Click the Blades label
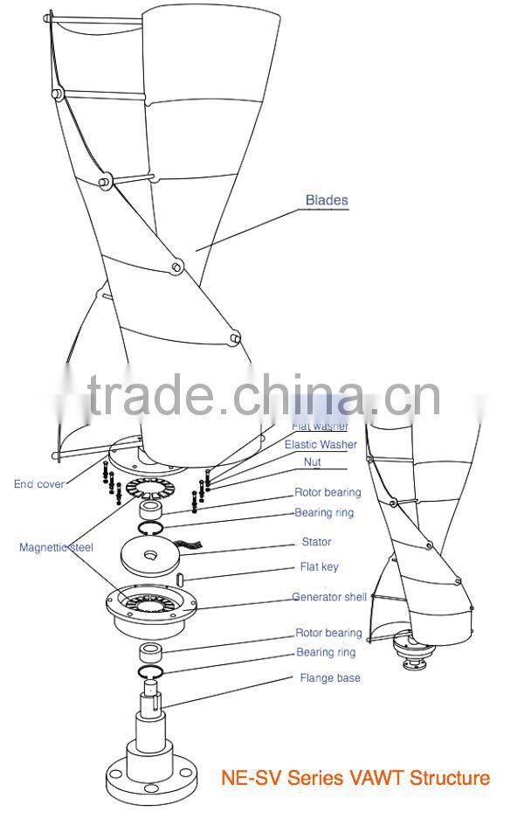tap(327, 200)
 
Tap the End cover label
tap(38, 484)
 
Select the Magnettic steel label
tap(56, 547)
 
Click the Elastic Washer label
tap(321, 445)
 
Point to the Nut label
tap(312, 462)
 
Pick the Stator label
tap(316, 542)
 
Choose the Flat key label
tap(319, 567)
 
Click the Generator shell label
tap(329, 598)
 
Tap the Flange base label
tap(330, 677)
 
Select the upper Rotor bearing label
tap(327, 492)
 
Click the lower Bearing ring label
tap(325, 652)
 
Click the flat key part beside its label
tap(179, 578)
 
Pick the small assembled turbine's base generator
tap(414, 650)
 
